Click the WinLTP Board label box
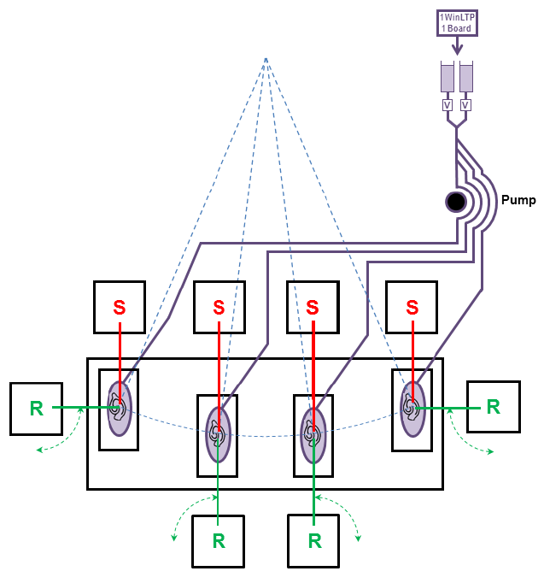[x=456, y=23]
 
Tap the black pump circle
[x=456, y=202]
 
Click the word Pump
[x=518, y=200]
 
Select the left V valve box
[x=447, y=105]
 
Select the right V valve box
[x=466, y=105]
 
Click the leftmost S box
[x=120, y=307]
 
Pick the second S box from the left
[x=219, y=307]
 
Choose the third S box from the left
[x=312, y=307]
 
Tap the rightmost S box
[x=412, y=307]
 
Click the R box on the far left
[x=36, y=409]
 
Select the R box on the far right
[x=493, y=407]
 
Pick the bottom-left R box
[x=218, y=541]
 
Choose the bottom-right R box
[x=314, y=541]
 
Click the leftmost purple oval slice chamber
[x=119, y=409]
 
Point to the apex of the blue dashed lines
[x=266, y=58]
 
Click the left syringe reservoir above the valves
[x=447, y=77]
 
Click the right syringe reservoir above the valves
[x=466, y=77]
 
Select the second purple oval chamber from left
[x=218, y=434]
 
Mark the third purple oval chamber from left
[x=313, y=434]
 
